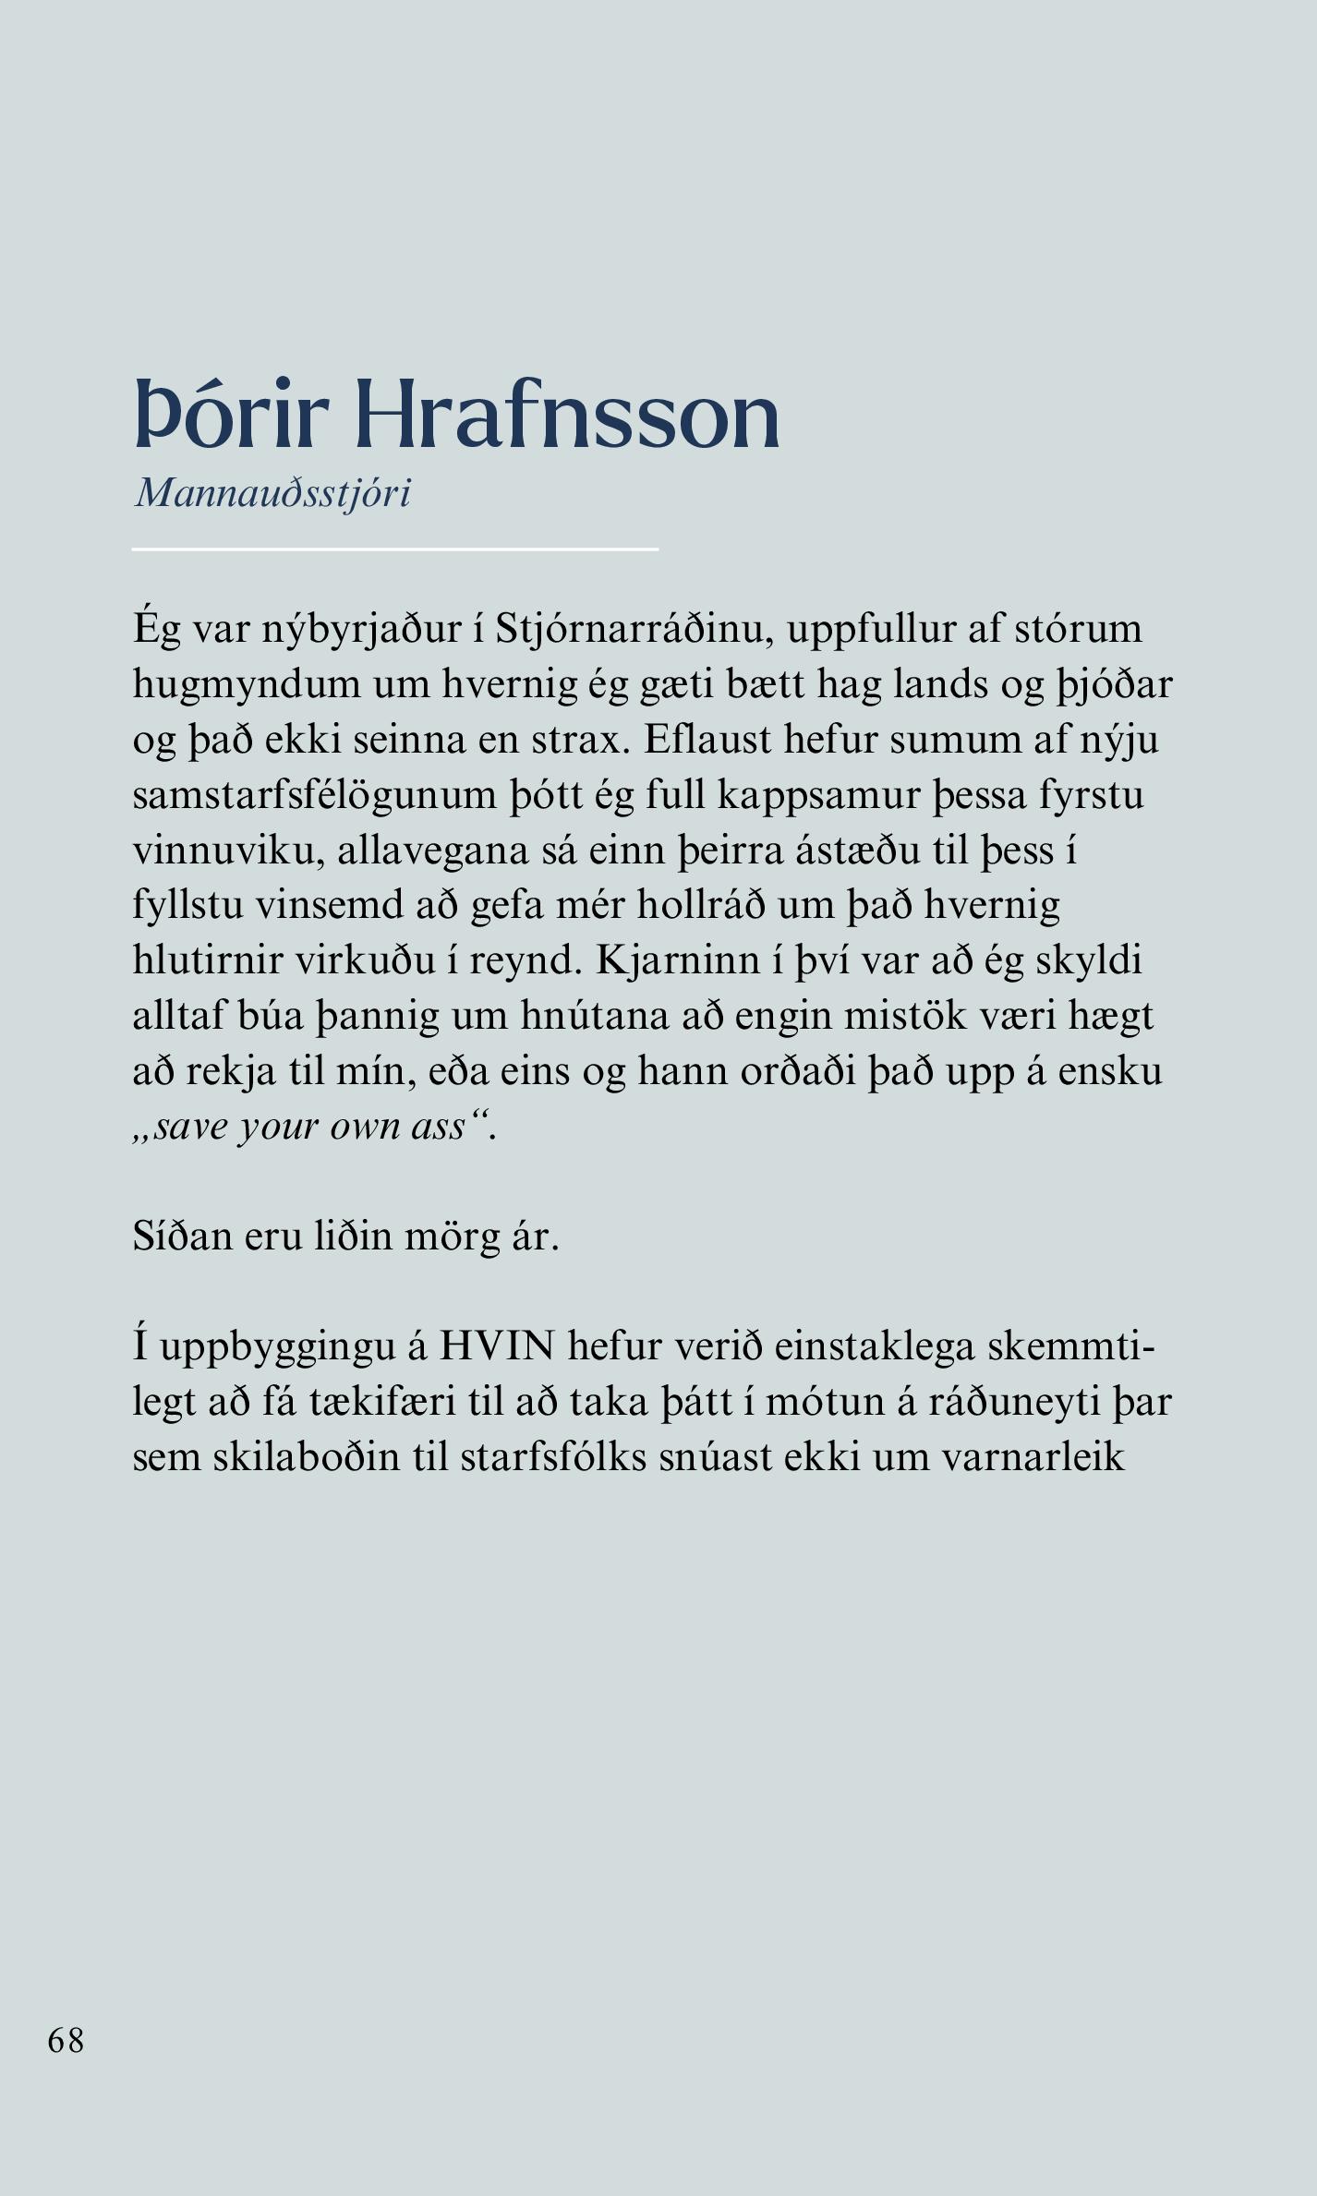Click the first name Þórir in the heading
[x=231, y=416]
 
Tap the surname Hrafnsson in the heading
[x=567, y=416]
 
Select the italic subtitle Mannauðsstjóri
[x=272, y=493]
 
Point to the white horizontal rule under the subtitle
[x=394, y=549]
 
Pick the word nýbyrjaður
[x=361, y=629]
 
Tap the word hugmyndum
[x=246, y=684]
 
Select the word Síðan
[x=182, y=1237]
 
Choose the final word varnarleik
[x=1033, y=1457]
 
